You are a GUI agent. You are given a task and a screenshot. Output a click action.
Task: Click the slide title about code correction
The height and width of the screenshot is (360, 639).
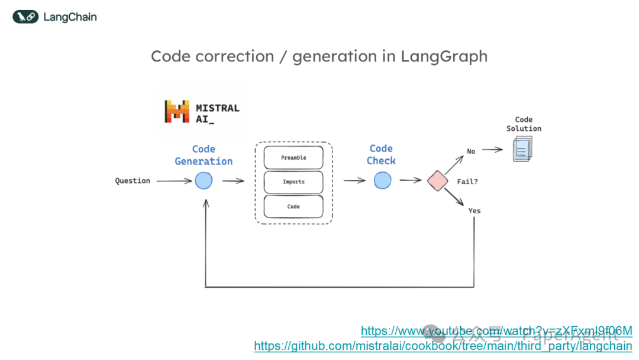(x=319, y=56)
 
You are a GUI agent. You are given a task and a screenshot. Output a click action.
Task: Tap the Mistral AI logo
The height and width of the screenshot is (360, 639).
(x=202, y=111)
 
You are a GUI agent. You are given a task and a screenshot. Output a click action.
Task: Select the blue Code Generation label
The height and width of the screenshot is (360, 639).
(x=204, y=155)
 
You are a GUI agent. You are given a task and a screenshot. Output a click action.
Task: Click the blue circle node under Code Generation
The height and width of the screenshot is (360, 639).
(x=204, y=181)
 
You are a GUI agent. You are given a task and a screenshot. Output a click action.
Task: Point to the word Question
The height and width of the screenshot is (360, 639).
(x=133, y=181)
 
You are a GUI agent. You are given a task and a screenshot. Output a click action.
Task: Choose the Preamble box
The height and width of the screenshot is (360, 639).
(x=293, y=157)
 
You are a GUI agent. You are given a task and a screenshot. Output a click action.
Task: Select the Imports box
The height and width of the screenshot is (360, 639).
(x=293, y=182)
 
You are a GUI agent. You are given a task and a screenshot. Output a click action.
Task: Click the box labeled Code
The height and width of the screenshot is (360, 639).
(x=293, y=207)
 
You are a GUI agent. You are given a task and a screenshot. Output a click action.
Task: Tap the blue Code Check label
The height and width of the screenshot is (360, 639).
(x=381, y=155)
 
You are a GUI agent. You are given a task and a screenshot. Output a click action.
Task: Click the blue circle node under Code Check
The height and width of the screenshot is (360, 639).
(x=383, y=181)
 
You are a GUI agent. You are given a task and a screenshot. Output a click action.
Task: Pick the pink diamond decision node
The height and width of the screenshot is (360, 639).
(x=438, y=181)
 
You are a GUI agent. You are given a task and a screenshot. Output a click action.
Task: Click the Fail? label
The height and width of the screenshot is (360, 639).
(x=467, y=181)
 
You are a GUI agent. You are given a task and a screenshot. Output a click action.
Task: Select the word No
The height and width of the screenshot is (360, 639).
(x=471, y=151)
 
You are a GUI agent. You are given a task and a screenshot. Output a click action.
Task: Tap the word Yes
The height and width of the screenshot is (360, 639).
(x=475, y=211)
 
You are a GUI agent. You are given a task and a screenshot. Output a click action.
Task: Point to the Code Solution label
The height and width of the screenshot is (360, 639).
(x=524, y=124)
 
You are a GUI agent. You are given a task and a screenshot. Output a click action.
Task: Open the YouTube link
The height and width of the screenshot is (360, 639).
(x=496, y=330)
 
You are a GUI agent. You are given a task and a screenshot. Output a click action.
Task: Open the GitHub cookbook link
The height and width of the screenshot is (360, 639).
(x=443, y=345)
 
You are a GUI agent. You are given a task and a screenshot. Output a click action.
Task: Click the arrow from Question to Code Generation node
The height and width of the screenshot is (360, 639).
(x=174, y=181)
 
